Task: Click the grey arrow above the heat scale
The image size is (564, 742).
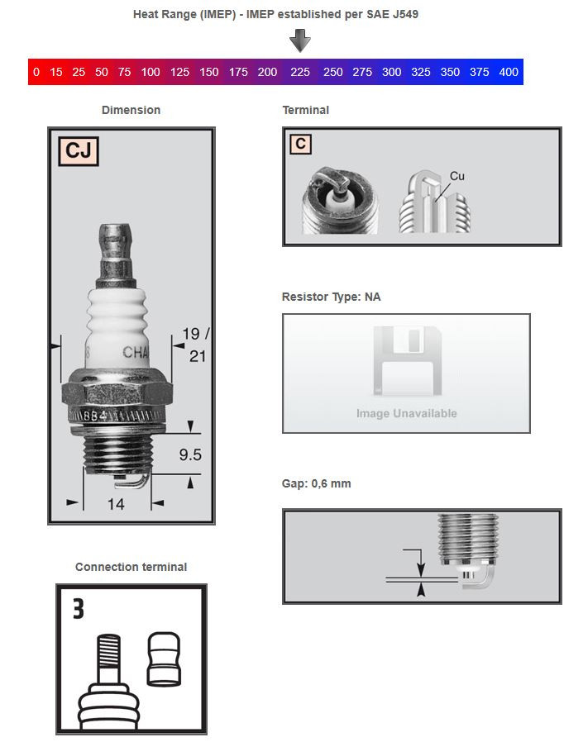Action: [x=301, y=40]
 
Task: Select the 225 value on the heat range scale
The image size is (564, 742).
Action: [x=300, y=72]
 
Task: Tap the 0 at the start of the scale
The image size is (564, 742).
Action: [x=36, y=72]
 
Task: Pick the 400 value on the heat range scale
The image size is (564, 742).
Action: [x=509, y=72]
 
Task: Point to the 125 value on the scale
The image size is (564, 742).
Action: [x=179, y=72]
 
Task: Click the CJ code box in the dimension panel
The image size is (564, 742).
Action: [x=79, y=151]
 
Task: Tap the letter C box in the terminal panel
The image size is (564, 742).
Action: [x=301, y=144]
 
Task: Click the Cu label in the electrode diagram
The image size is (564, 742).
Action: [x=457, y=176]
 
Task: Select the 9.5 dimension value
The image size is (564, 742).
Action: [x=190, y=454]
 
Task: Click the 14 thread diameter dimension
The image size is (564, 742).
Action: [x=116, y=503]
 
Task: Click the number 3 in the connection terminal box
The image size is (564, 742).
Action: [x=78, y=610]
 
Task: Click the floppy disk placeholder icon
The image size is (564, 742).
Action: [x=406, y=360]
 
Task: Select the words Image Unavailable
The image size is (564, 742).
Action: [x=406, y=413]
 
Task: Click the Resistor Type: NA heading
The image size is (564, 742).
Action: [x=331, y=297]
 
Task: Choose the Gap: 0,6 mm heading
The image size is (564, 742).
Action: [x=316, y=483]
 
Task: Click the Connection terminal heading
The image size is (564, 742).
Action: [x=131, y=567]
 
